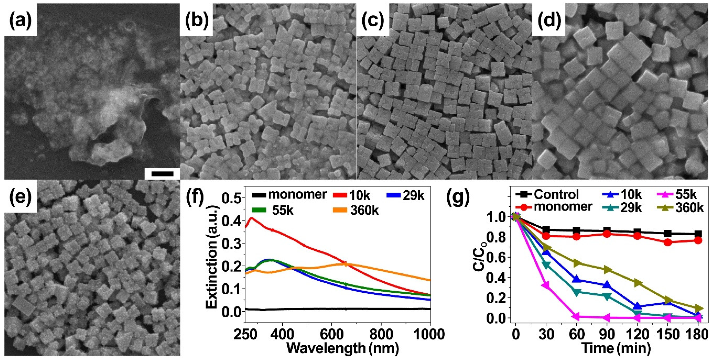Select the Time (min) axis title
(616, 348)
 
